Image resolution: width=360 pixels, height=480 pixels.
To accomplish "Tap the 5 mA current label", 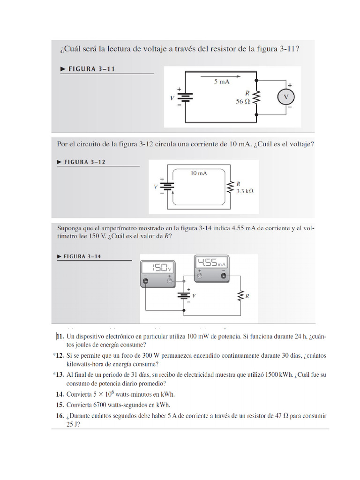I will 222,82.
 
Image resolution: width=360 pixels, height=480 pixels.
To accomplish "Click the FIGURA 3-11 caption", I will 91,69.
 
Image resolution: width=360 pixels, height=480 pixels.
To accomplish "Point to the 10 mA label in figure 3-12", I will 199,173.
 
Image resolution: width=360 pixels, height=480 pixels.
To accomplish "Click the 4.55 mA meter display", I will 211,262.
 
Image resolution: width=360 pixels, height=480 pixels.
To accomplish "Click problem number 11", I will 60,337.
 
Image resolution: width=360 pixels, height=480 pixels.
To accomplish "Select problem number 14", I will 60,394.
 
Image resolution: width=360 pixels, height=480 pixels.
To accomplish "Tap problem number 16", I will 60,416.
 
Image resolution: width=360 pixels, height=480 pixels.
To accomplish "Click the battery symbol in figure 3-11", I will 186,97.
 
